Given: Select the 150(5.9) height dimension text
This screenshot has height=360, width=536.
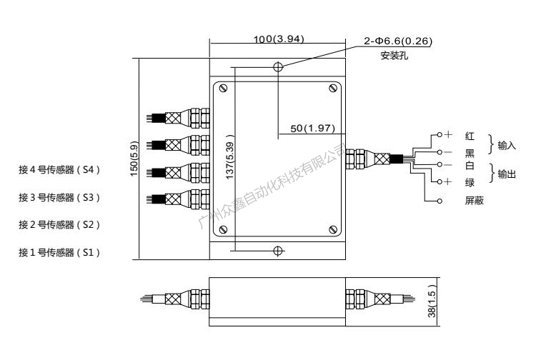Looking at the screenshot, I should tap(144, 159).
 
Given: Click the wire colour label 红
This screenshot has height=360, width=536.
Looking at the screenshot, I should tap(470, 135).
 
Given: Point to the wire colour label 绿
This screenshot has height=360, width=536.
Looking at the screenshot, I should tap(470, 183).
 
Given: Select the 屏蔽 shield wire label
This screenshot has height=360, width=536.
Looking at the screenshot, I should tap(475, 201).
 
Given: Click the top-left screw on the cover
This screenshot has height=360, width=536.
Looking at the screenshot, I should tap(224, 89).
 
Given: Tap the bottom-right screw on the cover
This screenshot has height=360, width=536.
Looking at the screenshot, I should tap(333, 229).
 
